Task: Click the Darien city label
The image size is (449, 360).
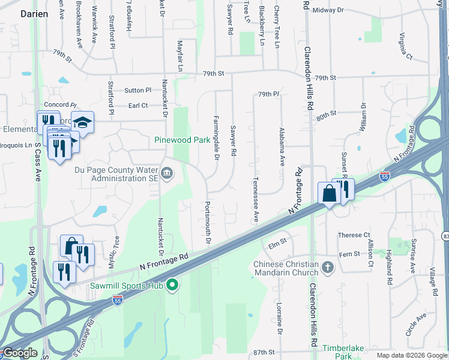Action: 34,13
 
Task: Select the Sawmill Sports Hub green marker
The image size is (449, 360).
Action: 172,284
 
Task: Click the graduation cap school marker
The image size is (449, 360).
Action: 82,123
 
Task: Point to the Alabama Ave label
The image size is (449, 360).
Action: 281,147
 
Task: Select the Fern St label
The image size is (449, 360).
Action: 349,254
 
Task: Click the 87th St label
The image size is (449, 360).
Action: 264,352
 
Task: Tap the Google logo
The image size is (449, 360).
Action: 20,353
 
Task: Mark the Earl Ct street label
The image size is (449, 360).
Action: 138,106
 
